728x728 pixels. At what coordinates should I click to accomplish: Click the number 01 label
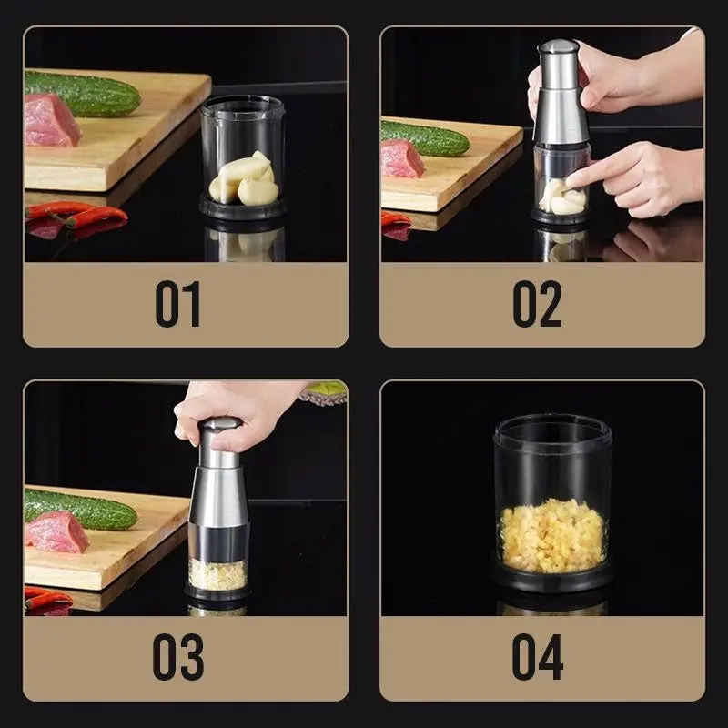[x=177, y=305]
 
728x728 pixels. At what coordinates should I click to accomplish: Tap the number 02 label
[x=537, y=305]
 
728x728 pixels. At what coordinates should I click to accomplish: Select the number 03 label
[x=177, y=657]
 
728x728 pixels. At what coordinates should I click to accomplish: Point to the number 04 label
[x=537, y=657]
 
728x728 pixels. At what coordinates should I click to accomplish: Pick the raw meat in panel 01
[x=51, y=121]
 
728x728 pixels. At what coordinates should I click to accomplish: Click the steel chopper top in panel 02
[x=559, y=91]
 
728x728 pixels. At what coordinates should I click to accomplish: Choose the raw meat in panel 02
[x=401, y=158]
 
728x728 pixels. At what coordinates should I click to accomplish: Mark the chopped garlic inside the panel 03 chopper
[x=217, y=573]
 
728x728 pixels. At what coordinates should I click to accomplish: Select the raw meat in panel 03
[x=56, y=531]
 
